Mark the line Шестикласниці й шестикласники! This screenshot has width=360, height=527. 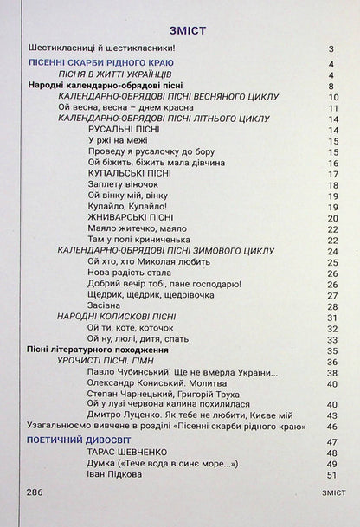coord(101,48)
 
